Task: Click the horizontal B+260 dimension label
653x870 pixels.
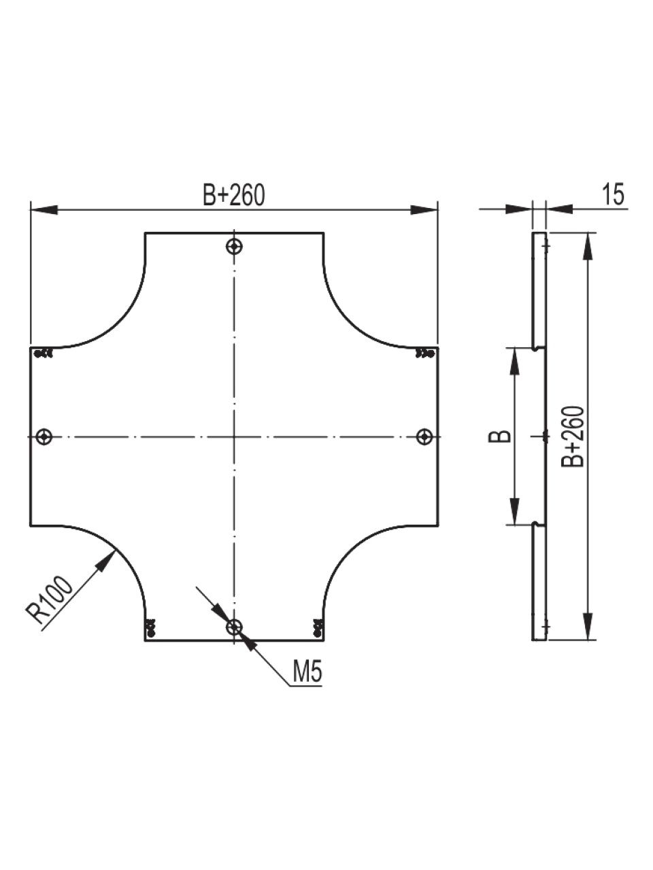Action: click(233, 196)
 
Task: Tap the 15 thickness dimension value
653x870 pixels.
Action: click(613, 194)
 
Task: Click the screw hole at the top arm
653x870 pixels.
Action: click(234, 247)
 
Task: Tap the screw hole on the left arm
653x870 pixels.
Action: click(44, 437)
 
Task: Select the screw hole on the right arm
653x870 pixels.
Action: click(425, 436)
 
